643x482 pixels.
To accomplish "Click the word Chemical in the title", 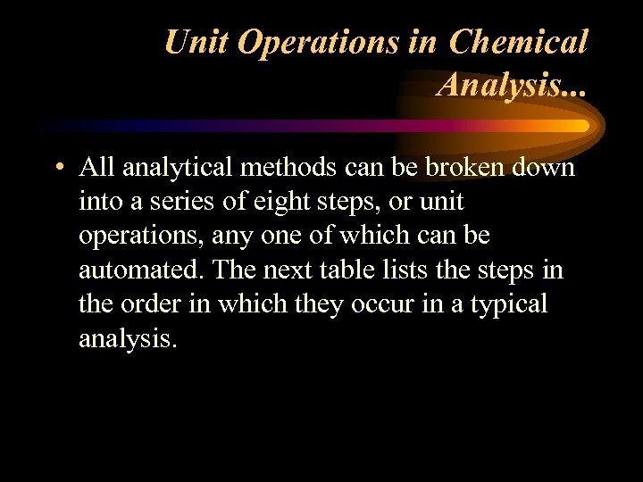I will coord(519,42).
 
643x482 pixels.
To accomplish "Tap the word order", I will coord(153,303).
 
